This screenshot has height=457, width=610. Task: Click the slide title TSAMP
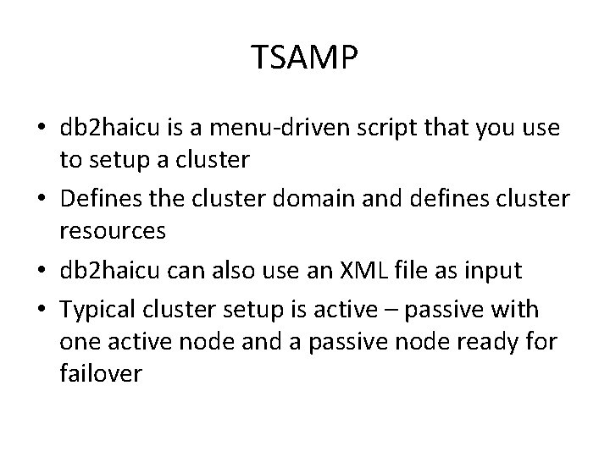click(x=305, y=58)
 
